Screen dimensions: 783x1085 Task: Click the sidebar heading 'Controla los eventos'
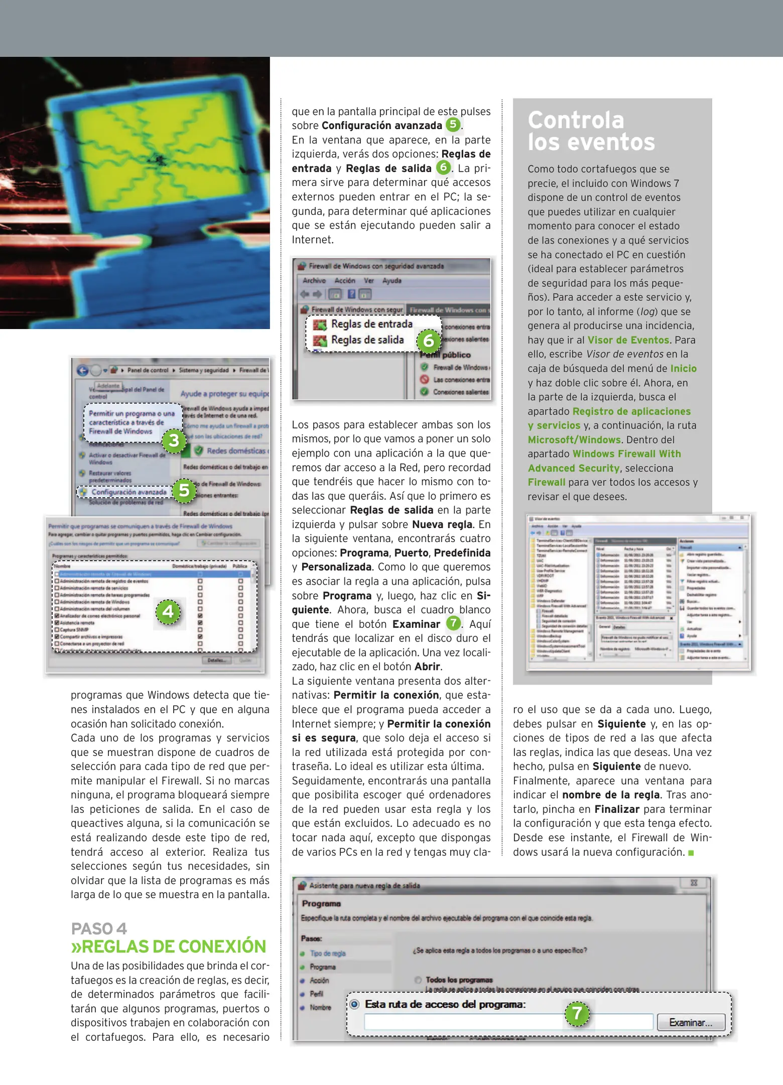[591, 131]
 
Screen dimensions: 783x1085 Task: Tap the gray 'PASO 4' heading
[99, 928]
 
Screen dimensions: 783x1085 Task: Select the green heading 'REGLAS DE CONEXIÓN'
[169, 946]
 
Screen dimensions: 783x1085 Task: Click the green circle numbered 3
[174, 441]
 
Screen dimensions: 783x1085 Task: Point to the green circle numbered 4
[168, 611]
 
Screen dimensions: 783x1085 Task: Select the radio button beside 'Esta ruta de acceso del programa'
[355, 1004]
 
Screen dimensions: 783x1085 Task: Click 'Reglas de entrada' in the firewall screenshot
[371, 324]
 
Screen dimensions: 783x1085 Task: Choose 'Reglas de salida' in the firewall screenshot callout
[367, 340]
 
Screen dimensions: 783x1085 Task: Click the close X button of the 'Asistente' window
[694, 883]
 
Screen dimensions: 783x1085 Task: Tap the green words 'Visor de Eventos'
[628, 340]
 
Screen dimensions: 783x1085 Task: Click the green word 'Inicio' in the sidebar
[684, 368]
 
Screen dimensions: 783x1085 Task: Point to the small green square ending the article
[691, 852]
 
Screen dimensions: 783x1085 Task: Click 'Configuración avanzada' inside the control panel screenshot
[128, 492]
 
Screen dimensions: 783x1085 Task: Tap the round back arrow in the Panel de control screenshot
[83, 371]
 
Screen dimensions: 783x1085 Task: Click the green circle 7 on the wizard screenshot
[577, 1013]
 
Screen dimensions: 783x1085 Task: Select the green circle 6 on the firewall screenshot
[429, 341]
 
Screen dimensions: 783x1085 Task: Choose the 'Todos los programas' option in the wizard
[459, 980]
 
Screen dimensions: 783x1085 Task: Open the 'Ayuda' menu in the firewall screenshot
[391, 281]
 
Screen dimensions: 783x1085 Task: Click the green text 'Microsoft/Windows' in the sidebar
[574, 440]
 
